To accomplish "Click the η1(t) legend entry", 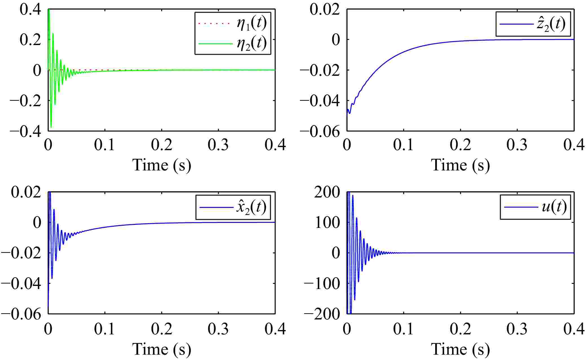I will pos(251,24).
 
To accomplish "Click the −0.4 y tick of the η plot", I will pos(25,131).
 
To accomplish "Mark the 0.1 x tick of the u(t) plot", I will pos(404,328).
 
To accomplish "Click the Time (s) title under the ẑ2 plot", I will pos(460,165).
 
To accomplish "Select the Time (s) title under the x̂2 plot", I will pos(162,349).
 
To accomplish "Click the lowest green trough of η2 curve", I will pos(51,127).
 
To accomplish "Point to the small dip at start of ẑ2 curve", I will pos(350,113).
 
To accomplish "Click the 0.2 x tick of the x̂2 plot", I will pos(162,328).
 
